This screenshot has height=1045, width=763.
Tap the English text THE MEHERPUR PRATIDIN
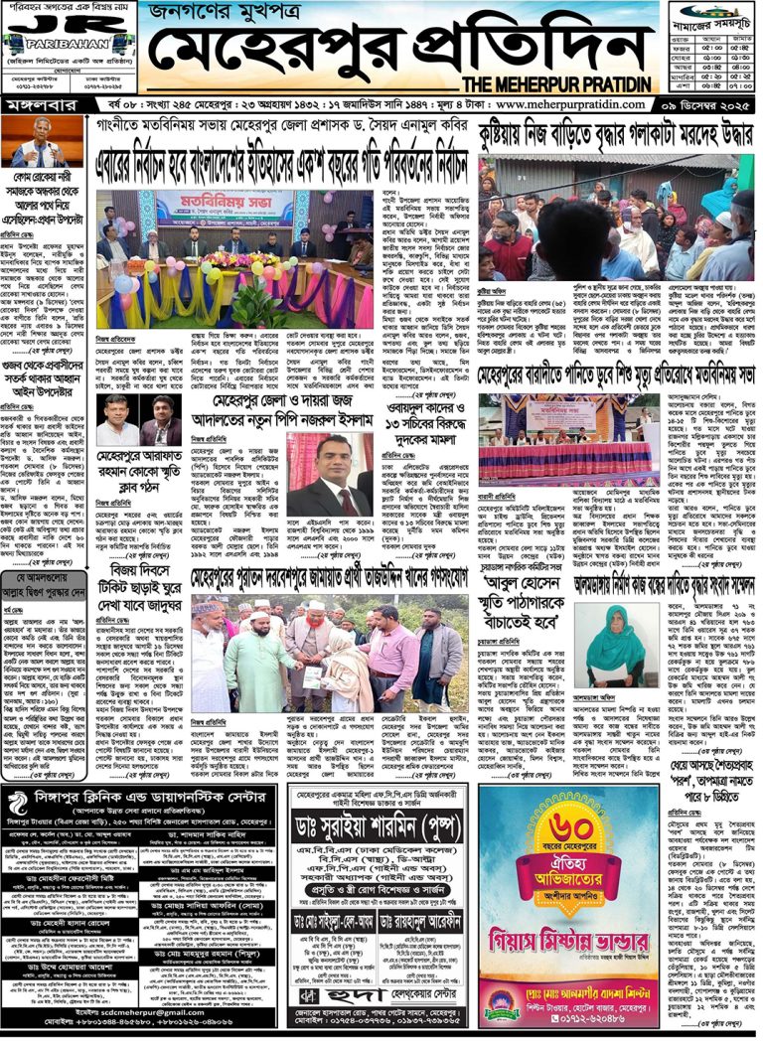pos(542,84)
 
